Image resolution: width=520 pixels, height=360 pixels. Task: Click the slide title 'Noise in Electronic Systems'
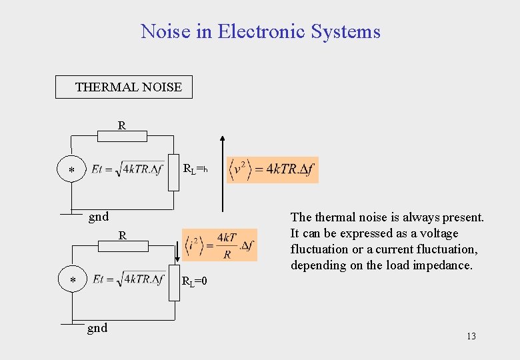tap(260, 31)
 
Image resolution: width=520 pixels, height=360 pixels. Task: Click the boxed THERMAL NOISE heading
tap(129, 87)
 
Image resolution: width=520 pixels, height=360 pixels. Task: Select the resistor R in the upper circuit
tap(122, 136)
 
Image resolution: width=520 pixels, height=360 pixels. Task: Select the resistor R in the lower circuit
tap(123, 246)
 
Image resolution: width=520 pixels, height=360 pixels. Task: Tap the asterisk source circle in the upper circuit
tap(72, 171)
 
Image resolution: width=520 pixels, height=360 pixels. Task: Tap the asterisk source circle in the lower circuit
tap(72, 281)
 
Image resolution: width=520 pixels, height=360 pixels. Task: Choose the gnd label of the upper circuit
tap(99, 216)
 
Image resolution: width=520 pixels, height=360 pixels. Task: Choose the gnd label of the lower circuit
tap(97, 327)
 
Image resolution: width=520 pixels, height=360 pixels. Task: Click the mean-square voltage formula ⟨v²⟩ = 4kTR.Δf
tap(272, 169)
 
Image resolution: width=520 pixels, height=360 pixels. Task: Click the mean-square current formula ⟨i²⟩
tap(220, 245)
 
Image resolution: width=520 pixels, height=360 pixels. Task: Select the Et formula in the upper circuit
tap(128, 169)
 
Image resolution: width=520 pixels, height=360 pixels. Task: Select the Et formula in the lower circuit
tap(128, 280)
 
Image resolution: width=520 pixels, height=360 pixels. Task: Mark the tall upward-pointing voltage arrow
tap(223, 173)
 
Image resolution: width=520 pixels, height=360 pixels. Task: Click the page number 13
tap(471, 336)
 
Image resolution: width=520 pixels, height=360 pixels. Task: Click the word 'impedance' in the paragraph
tap(447, 265)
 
